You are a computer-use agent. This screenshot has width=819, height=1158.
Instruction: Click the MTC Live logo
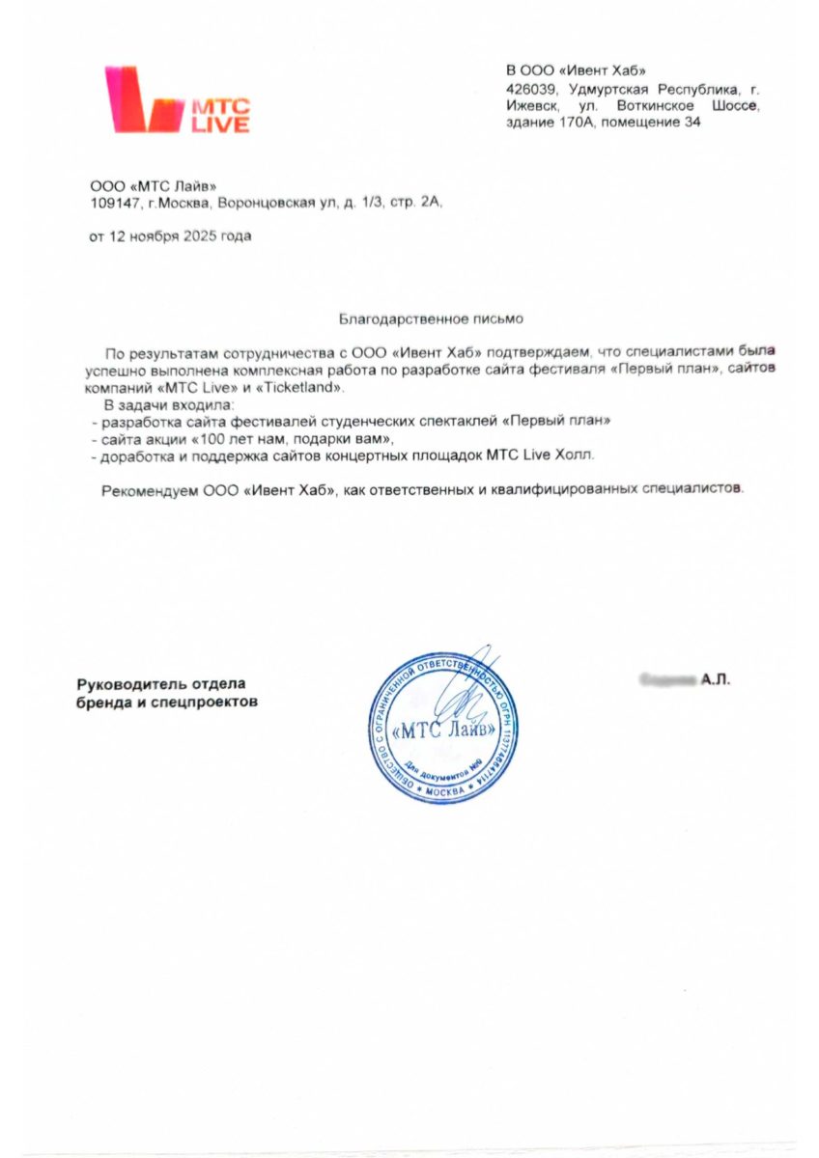(x=178, y=99)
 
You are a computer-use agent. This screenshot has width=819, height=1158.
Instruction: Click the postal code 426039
(x=529, y=89)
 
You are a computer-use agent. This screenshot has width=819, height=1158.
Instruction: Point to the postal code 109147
(x=108, y=204)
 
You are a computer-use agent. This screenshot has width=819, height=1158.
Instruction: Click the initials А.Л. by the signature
(x=716, y=681)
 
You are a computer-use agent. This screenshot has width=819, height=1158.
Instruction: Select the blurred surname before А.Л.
(x=668, y=681)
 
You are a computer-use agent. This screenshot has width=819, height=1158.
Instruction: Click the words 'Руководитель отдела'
(x=162, y=684)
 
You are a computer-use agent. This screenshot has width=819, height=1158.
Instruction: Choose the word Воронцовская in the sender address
(x=260, y=204)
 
